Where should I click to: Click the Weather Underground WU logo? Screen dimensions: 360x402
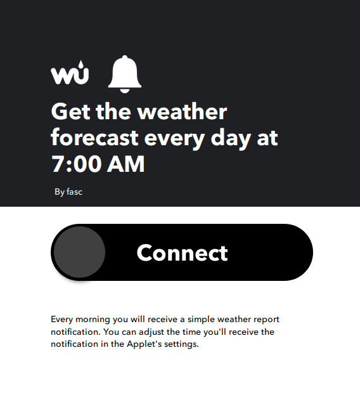(x=70, y=72)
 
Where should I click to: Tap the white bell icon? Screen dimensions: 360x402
(x=125, y=74)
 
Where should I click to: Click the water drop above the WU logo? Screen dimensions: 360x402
(x=81, y=64)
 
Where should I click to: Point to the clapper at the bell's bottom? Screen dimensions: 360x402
(x=125, y=91)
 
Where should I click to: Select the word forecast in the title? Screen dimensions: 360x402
(x=95, y=138)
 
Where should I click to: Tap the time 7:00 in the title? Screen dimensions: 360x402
(x=76, y=164)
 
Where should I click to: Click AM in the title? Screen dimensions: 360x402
(x=125, y=164)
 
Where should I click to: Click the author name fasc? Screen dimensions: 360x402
(x=74, y=191)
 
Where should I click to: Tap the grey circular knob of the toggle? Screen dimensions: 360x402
(x=80, y=252)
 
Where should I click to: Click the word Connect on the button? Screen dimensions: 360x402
(x=182, y=253)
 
